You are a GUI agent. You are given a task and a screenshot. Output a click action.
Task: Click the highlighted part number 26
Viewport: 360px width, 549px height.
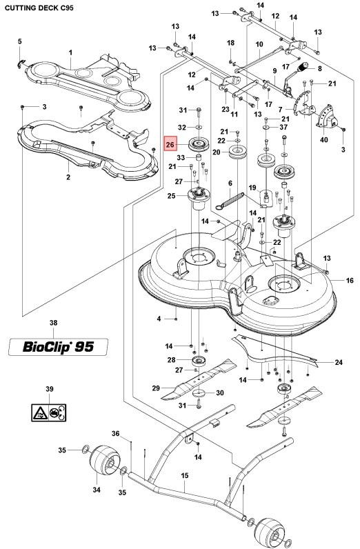171,145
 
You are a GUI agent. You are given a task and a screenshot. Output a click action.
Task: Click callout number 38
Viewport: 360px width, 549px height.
54,323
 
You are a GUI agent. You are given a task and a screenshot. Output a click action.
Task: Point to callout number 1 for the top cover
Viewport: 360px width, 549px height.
70,53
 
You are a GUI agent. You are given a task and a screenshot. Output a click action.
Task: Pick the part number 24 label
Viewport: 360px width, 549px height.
339,362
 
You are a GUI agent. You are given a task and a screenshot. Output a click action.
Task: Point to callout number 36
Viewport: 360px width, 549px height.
116,434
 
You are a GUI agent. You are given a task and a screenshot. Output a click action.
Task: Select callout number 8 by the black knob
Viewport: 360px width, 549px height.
320,68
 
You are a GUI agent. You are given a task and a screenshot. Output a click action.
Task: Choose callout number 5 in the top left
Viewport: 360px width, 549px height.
20,42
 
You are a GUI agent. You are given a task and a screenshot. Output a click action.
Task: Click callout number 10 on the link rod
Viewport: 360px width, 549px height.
259,46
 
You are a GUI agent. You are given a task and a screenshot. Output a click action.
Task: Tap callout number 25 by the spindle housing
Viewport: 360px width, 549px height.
172,197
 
